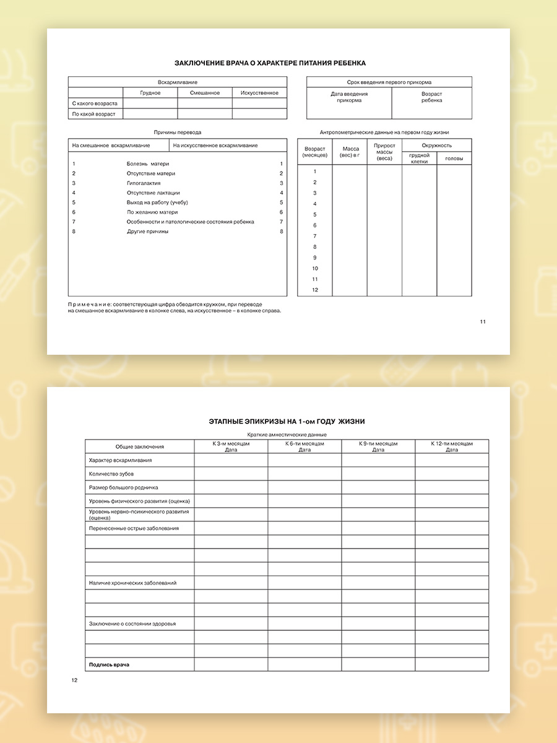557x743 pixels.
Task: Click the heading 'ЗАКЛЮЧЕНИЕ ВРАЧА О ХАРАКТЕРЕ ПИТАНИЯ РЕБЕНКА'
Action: pyautogui.click(x=270, y=63)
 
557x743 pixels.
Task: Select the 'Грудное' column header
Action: pyautogui.click(x=150, y=93)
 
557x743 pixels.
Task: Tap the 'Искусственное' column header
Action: pyautogui.click(x=259, y=93)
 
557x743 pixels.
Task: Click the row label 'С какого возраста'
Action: pyautogui.click(x=95, y=103)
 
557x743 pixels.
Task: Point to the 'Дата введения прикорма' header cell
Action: pyautogui.click(x=349, y=97)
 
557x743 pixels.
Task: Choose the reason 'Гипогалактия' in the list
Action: pyautogui.click(x=144, y=183)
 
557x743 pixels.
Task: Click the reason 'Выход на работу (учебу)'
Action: pyautogui.click(x=157, y=202)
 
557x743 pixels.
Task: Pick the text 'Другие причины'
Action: pyautogui.click(x=147, y=232)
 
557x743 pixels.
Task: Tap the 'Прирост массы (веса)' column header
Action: pyautogui.click(x=384, y=152)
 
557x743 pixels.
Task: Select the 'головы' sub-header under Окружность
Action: pyautogui.click(x=454, y=159)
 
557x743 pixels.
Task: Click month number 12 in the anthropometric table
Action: pyautogui.click(x=315, y=290)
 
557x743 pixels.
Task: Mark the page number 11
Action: pyautogui.click(x=483, y=321)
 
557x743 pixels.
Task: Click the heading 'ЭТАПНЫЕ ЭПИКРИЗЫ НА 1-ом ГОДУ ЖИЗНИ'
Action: pyautogui.click(x=287, y=422)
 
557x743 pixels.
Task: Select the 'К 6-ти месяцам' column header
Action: pyautogui.click(x=304, y=446)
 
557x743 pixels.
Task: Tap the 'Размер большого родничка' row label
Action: pyautogui.click(x=123, y=488)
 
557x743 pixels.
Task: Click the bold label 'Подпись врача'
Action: pyautogui.click(x=109, y=664)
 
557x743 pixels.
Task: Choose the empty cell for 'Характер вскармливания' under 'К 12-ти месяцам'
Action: pyautogui.click(x=452, y=461)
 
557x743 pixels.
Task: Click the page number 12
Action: pyautogui.click(x=74, y=680)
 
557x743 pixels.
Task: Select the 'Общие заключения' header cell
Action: pyautogui.click(x=140, y=446)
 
